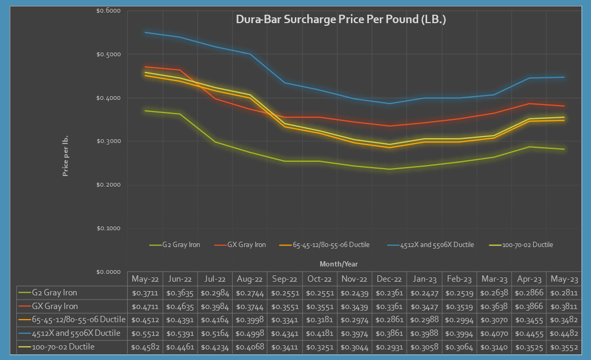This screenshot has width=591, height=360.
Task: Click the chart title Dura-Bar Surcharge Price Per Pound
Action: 341,19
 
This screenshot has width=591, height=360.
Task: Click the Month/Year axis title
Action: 338,264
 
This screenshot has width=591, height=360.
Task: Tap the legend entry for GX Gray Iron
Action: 246,245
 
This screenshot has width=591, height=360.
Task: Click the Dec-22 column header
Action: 389,279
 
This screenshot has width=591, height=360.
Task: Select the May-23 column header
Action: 565,279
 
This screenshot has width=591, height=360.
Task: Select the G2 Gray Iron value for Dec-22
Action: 389,293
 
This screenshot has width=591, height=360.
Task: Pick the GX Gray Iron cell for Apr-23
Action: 530,306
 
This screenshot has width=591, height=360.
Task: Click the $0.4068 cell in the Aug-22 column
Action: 250,346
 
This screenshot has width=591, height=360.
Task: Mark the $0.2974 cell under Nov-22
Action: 355,320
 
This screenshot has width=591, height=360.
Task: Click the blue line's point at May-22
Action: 145,33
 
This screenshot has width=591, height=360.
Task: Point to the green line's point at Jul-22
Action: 215,142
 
